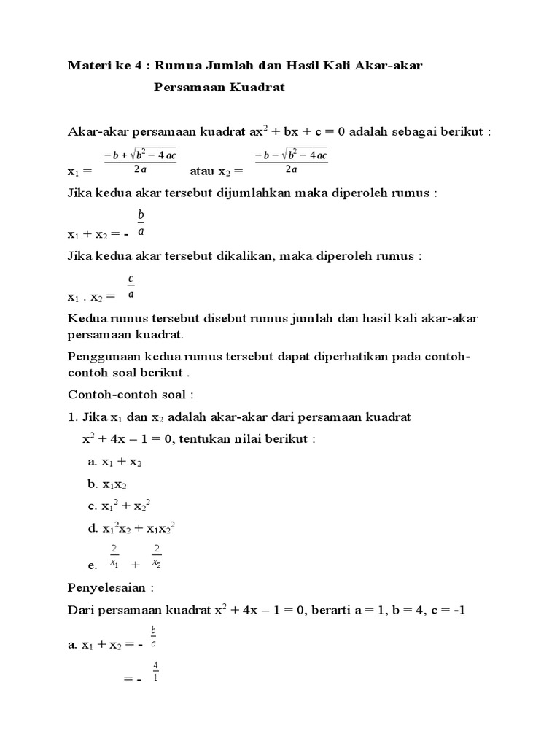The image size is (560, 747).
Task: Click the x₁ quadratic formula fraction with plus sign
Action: coord(140,161)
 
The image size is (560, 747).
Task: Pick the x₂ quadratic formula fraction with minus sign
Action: coord(291,161)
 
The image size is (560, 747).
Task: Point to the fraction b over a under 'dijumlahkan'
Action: coord(141,223)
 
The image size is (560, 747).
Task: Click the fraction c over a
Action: coord(131,287)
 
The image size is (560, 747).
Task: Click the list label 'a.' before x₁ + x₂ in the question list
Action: coord(93,462)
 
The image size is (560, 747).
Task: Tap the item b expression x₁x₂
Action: coord(115,484)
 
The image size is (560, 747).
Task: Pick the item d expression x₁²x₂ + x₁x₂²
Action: coord(138,528)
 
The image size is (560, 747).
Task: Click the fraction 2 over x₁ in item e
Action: coord(114,556)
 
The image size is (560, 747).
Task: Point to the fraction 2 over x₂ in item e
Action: coord(157,556)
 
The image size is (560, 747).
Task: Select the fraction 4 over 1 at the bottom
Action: coord(155,671)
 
